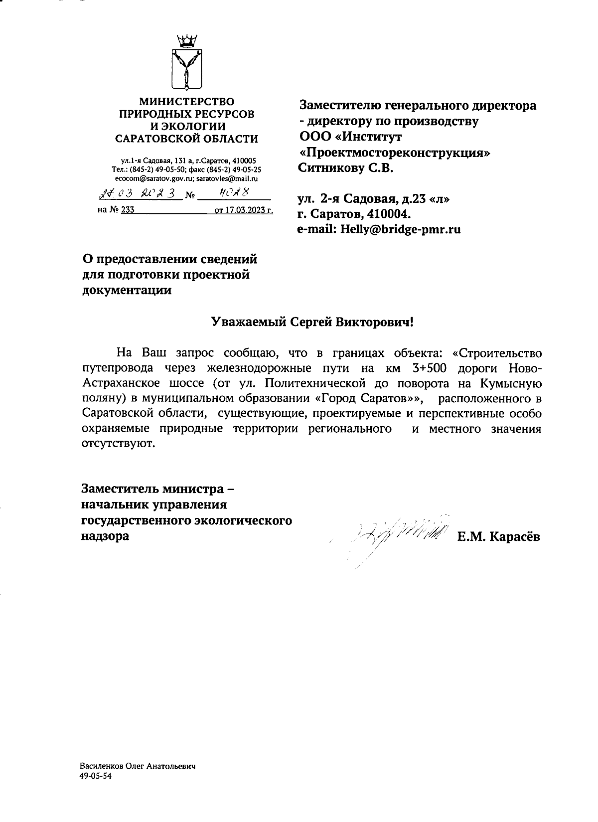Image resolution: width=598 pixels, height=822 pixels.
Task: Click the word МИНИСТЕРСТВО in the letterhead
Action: coord(186,102)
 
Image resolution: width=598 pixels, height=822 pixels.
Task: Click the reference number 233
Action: coord(128,211)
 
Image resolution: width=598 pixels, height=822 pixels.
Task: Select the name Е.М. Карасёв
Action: coord(499,537)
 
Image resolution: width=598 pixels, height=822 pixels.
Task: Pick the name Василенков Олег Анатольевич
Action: coord(137,766)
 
